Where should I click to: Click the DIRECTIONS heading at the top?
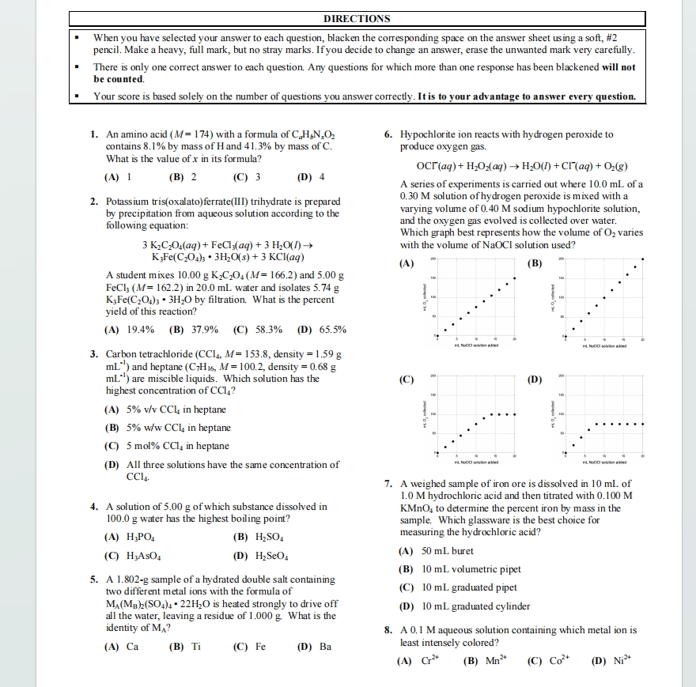coord(357,19)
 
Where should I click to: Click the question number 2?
coord(95,201)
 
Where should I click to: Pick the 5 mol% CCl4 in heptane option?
coord(167,446)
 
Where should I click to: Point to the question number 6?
coord(388,135)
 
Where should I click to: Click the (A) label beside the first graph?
coord(407,263)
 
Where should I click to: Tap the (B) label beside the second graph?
coord(535,263)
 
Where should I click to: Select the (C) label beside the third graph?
coord(407,379)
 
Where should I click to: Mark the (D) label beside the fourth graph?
coord(535,379)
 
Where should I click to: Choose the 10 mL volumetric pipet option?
coord(460,569)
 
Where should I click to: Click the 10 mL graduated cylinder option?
coord(464,606)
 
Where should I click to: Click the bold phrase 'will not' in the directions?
coord(618,68)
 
